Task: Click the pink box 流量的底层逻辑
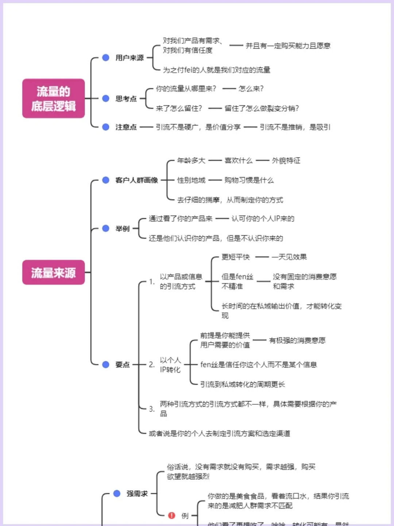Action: (x=53, y=98)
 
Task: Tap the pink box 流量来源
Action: (x=53, y=272)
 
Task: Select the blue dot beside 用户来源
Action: (x=106, y=58)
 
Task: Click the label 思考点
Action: (x=126, y=99)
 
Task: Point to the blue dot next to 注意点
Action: (x=106, y=127)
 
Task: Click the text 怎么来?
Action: (x=251, y=89)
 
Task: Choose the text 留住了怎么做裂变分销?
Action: (x=262, y=108)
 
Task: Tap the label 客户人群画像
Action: (x=136, y=180)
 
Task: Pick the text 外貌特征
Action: (x=286, y=161)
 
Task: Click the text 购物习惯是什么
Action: (x=249, y=180)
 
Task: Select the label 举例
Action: (x=123, y=229)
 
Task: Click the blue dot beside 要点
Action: (x=106, y=365)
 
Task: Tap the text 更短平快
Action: (x=236, y=257)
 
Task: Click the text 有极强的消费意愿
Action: (x=297, y=340)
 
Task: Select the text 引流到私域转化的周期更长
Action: (x=243, y=384)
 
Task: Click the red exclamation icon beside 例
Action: (x=171, y=515)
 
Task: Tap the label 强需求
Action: (x=137, y=494)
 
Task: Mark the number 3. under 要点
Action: (x=152, y=409)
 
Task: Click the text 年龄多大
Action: (x=191, y=161)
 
